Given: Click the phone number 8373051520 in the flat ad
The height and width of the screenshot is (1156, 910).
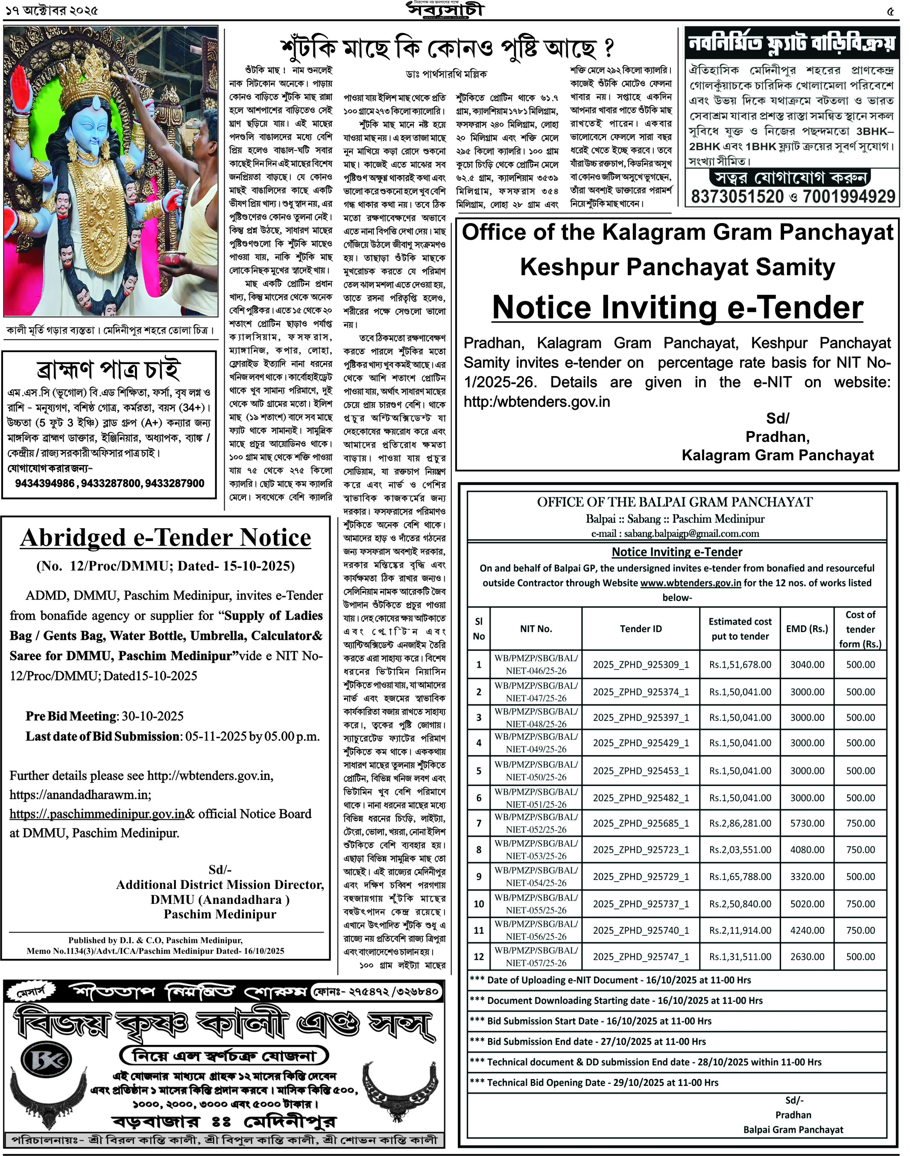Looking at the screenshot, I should click(737, 196).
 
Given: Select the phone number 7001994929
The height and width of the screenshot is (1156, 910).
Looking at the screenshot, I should click(849, 196).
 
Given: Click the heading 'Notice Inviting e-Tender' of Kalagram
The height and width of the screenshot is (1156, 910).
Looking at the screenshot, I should click(677, 308).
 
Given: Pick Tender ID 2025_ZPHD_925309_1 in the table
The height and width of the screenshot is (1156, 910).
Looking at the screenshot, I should click(641, 665).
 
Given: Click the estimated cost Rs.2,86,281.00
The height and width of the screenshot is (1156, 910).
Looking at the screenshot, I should click(740, 823).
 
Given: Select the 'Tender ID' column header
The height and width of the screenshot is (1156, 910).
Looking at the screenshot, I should click(641, 629).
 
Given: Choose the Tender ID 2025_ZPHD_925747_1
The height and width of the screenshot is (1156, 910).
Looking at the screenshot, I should click(641, 956).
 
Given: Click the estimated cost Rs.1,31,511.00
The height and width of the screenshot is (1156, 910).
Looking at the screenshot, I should click(740, 956).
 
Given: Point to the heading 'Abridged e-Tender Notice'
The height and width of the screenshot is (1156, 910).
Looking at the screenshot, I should click(166, 538).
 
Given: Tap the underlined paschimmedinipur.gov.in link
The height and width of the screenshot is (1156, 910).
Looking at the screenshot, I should click(97, 814).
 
